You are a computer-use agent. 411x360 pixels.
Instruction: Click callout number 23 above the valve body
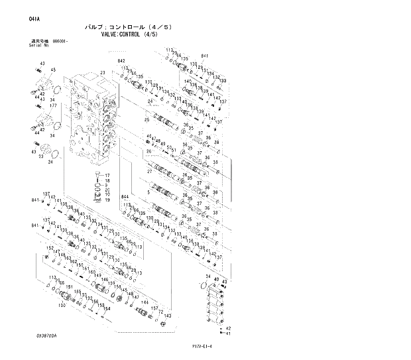103,72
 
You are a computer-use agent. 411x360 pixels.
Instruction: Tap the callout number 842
121,61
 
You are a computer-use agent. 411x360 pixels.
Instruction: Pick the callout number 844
125,197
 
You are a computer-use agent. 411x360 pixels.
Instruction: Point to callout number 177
52,105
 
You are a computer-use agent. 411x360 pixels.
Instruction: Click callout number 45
53,70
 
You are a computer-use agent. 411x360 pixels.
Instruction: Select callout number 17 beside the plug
107,174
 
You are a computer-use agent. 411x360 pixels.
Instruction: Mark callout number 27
149,172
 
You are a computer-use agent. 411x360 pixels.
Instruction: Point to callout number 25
147,119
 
